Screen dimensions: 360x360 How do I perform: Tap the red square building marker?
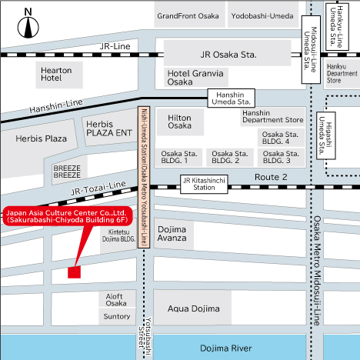[74, 272]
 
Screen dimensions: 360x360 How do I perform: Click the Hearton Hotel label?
[56, 74]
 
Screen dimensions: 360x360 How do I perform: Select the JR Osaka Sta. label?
[228, 55]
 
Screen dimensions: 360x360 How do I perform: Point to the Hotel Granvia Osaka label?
[195, 78]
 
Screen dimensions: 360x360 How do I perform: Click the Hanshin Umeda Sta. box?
[231, 98]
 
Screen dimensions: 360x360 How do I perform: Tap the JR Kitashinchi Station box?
[204, 184]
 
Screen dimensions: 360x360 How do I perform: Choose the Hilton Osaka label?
[179, 122]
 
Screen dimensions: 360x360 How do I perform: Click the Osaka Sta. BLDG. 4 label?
[280, 138]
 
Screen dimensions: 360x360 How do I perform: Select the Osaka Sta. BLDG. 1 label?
[179, 157]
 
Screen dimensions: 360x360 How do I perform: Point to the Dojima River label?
[226, 348]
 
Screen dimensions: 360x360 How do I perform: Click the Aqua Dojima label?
[194, 308]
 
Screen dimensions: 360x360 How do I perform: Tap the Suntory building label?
[117, 316]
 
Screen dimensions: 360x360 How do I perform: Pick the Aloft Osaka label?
[116, 300]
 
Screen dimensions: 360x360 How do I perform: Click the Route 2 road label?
[271, 177]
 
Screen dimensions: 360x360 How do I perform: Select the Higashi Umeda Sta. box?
[326, 135]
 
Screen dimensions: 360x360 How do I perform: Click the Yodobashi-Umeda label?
[262, 16]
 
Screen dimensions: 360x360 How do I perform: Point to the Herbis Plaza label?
[41, 138]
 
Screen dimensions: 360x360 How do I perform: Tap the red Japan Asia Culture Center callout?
[68, 216]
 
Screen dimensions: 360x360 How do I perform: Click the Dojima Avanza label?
[172, 234]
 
